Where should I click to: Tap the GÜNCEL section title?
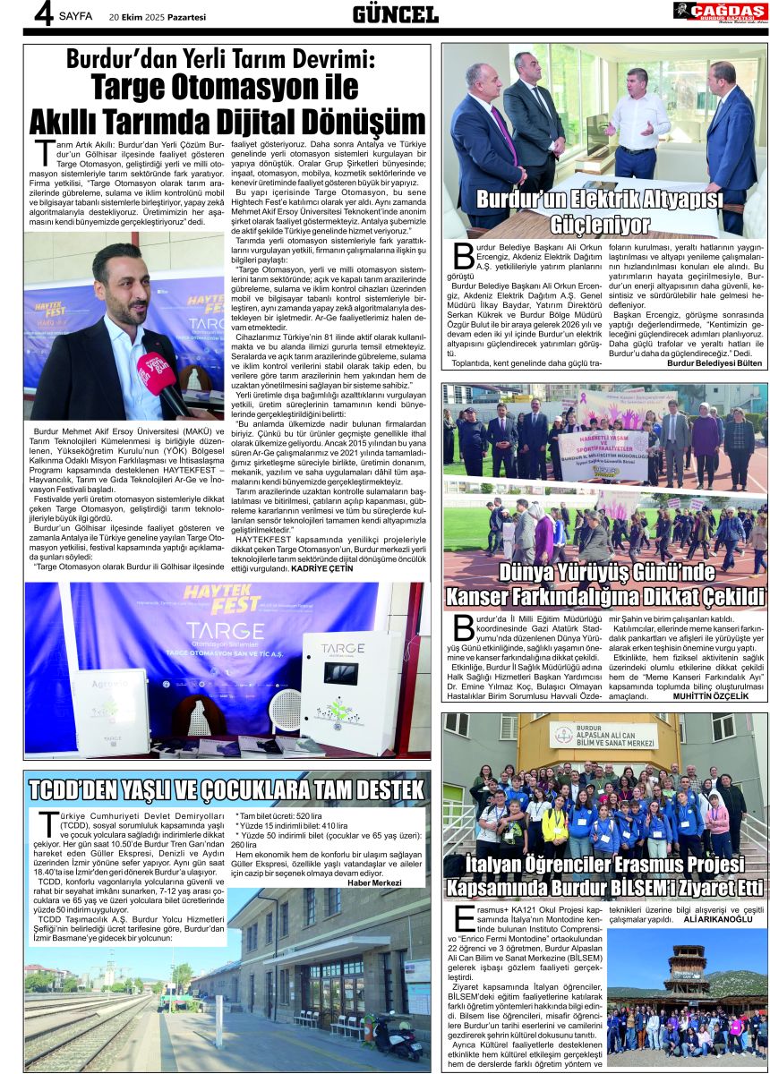395,13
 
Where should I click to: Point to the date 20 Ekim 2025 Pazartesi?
158,16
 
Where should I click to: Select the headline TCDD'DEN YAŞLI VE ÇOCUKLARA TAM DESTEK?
226,790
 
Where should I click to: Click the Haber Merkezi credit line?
373,883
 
